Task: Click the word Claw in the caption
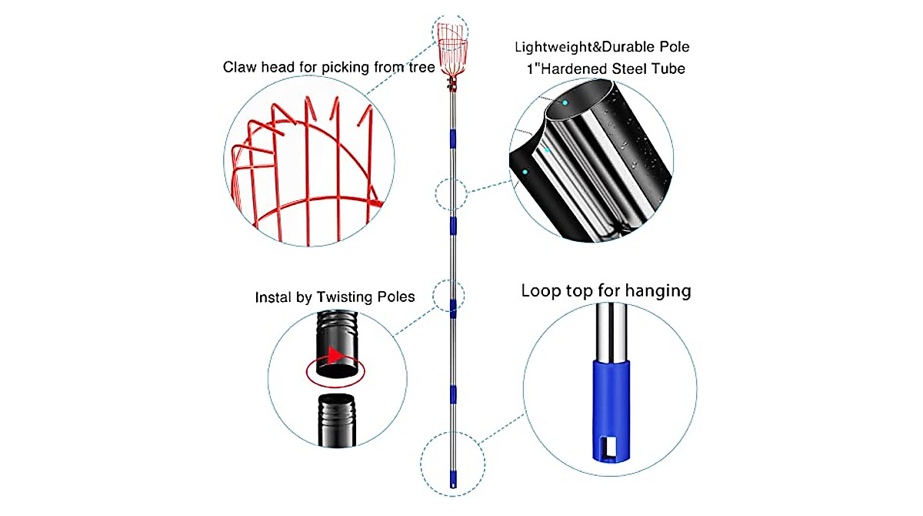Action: [x=240, y=67]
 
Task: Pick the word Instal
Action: [x=272, y=297]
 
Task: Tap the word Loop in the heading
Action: [x=540, y=291]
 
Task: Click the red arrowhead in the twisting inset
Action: [x=334, y=356]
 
